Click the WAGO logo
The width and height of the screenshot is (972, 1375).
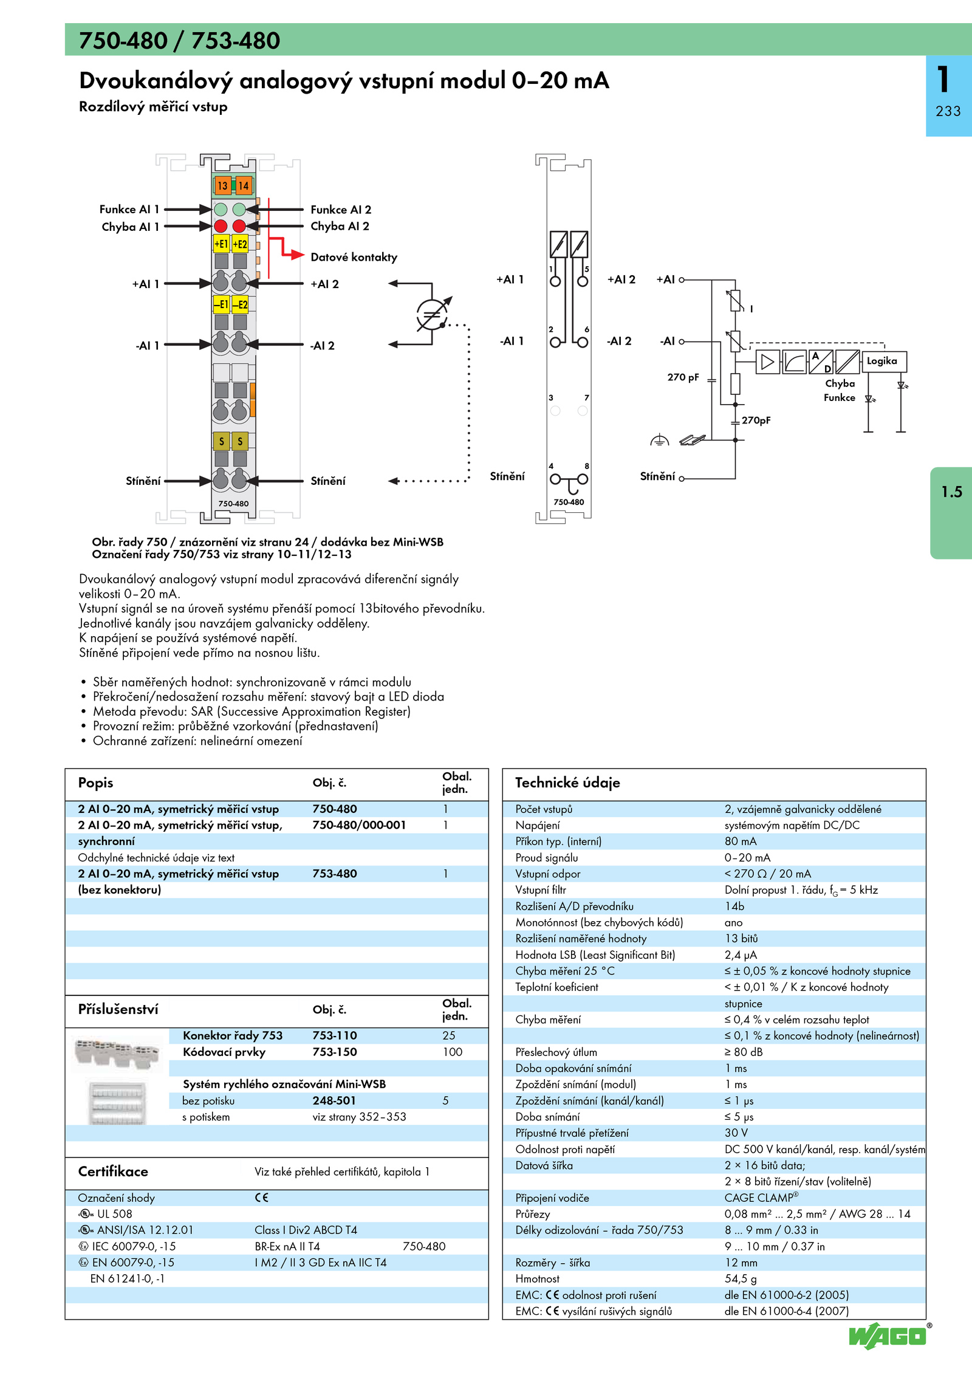click(888, 1336)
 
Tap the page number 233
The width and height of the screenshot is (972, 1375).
click(948, 111)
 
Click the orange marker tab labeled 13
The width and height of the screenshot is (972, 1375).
click(222, 185)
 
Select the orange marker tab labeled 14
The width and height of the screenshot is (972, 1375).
click(243, 185)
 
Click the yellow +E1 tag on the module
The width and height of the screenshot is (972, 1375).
click(221, 244)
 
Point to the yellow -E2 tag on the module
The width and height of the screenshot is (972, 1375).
click(241, 304)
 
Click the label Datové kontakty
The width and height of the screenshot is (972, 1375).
click(354, 257)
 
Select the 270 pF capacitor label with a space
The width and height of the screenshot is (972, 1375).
click(683, 377)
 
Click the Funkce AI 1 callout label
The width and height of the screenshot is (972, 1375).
click(129, 209)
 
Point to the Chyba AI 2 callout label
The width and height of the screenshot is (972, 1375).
click(340, 226)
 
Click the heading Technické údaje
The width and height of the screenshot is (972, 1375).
click(567, 783)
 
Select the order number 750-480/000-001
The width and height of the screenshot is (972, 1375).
click(359, 825)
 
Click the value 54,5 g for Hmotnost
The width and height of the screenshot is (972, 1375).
click(741, 1278)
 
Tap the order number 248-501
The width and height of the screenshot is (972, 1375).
click(334, 1100)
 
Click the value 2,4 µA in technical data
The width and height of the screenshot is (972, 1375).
click(741, 955)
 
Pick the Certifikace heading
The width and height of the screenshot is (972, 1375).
click(113, 1171)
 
